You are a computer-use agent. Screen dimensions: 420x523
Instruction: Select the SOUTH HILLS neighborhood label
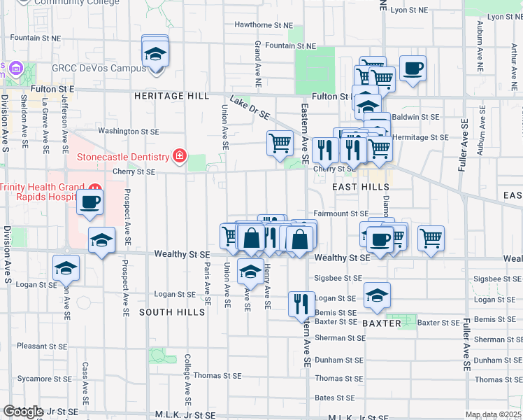[x=172, y=311]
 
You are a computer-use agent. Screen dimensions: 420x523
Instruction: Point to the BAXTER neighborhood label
[x=382, y=323]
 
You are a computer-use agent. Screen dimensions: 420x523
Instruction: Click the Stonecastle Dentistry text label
[x=124, y=157]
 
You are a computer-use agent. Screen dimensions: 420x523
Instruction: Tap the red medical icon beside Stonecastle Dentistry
[x=180, y=156]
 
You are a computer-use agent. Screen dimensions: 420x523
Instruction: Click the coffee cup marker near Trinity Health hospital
[x=90, y=203]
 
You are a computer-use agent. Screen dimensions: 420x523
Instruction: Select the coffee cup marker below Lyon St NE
[x=413, y=69]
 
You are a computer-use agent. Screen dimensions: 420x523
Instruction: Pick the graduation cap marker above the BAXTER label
[x=377, y=295]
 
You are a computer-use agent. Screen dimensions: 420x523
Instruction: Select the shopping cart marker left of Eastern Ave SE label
[x=280, y=143]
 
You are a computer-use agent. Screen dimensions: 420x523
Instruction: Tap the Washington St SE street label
[x=128, y=131]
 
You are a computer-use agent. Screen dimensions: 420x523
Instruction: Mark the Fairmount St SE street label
[x=341, y=213]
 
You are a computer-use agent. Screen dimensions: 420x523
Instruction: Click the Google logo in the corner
[x=23, y=412]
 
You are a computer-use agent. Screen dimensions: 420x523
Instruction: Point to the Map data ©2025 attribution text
[x=493, y=414]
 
